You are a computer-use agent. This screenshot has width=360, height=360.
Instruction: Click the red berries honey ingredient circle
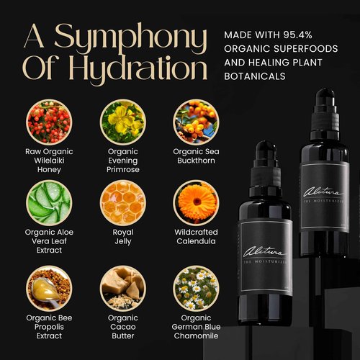[x=48, y=122]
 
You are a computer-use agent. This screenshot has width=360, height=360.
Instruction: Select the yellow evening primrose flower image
[x=122, y=122]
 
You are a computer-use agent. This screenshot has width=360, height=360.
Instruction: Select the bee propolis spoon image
[x=48, y=287]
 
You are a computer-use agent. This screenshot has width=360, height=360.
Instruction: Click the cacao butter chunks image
[x=122, y=287]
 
